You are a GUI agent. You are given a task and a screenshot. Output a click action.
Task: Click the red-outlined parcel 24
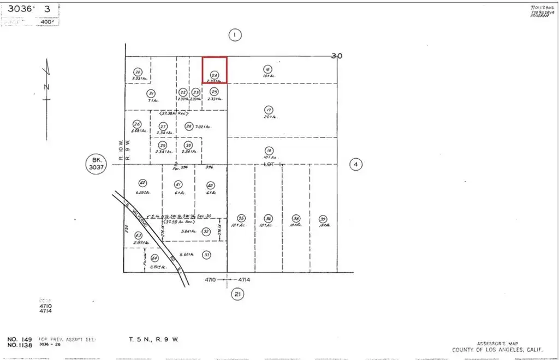coord(215,69)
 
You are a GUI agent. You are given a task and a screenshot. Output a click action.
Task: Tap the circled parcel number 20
coord(138,72)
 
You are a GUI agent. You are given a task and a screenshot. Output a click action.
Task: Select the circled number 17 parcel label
coord(268,109)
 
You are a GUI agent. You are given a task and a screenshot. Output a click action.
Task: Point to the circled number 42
coord(142,183)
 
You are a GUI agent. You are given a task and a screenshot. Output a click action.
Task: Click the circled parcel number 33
coord(206,254)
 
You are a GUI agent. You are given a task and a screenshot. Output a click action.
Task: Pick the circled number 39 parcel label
coord(323,217)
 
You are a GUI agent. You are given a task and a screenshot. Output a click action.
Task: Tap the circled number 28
coord(189,127)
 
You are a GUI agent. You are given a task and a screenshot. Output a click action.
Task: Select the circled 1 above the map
coord(234,35)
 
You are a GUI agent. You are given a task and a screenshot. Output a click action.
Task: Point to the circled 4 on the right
coord(356,164)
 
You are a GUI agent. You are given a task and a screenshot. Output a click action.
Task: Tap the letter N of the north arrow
coord(46,86)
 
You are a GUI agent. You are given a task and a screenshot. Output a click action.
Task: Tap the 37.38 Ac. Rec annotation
coord(174,114)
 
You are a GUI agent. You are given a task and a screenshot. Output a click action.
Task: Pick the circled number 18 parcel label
coord(269,151)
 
